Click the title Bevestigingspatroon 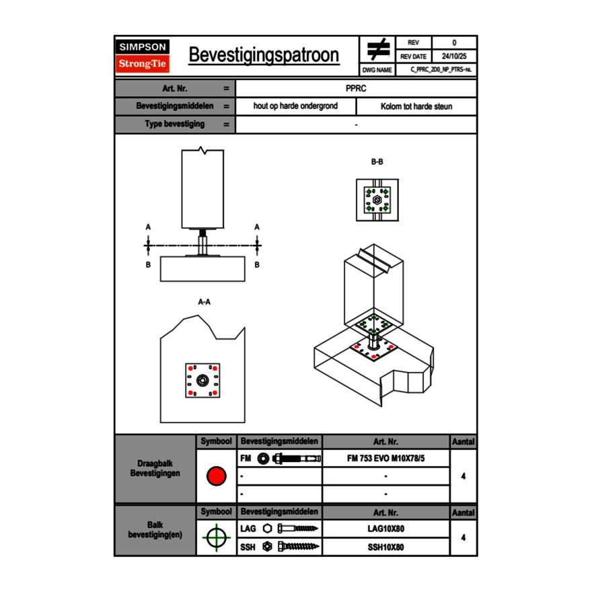tap(264, 55)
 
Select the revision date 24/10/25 tap(454, 57)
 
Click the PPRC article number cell tap(356, 88)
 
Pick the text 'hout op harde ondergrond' tap(295, 106)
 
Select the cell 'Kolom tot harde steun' tap(416, 106)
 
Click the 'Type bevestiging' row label tap(175, 124)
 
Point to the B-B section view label tap(377, 162)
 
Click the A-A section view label tap(204, 302)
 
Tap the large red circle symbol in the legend tap(216, 476)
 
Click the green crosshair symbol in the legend tap(216, 538)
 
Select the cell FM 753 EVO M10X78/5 tap(385, 458)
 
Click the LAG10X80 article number tap(385, 529)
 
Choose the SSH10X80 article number tap(385, 547)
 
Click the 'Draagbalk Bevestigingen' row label tap(155, 469)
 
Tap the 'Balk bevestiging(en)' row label tap(155, 529)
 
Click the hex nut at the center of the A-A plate tap(202, 381)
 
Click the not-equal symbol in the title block tap(378, 50)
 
